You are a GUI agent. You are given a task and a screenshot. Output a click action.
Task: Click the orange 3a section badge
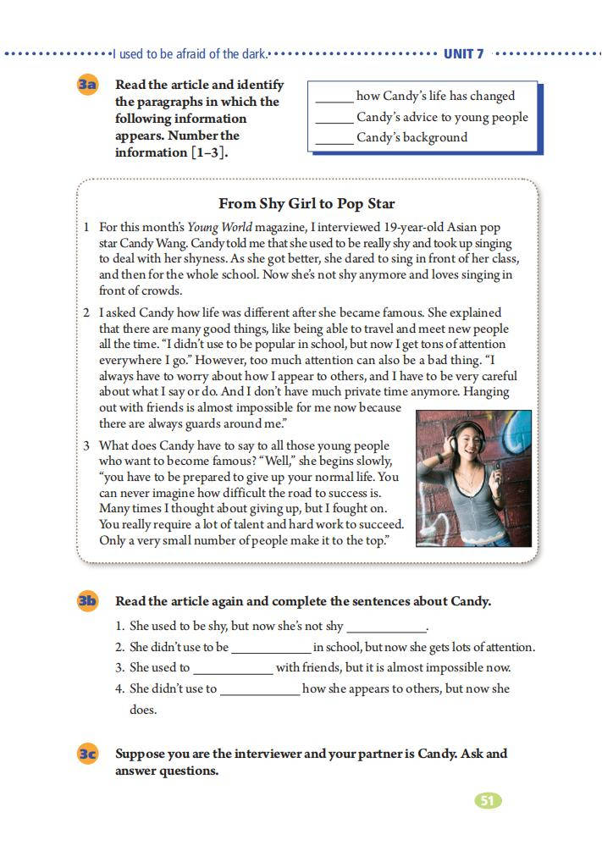(88, 86)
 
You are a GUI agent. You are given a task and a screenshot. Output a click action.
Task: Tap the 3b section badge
(88, 601)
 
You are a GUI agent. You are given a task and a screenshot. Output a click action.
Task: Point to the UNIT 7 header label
(464, 54)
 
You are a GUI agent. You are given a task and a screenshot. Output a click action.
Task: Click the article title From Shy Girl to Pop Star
(307, 204)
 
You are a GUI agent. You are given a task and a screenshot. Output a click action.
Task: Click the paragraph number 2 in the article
(86, 312)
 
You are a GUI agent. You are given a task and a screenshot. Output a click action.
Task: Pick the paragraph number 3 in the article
(86, 445)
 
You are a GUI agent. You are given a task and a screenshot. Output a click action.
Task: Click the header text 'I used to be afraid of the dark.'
(191, 54)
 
